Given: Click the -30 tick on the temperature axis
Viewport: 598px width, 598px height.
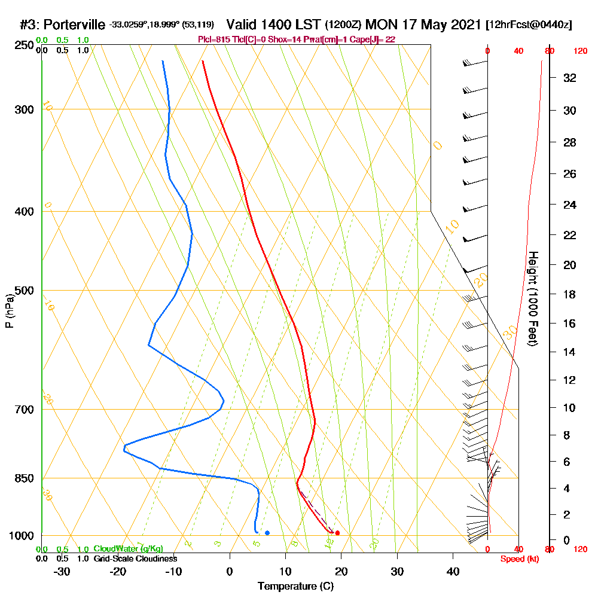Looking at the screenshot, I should pos(62,571).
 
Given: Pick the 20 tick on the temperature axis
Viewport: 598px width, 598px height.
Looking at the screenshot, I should pos(341,571).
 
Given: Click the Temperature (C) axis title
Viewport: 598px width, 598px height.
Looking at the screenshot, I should pos(295,586).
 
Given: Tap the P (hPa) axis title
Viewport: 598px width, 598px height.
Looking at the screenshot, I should pos(10,311).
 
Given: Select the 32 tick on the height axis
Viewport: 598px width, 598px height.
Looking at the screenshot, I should pos(570,78).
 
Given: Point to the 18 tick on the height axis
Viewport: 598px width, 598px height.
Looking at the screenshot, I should pos(570,294).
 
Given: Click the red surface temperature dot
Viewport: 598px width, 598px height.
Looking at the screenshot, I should pos(338,533).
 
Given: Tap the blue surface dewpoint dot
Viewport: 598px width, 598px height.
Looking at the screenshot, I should pos(267,533).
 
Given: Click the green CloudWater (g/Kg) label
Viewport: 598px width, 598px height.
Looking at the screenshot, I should pos(128,549).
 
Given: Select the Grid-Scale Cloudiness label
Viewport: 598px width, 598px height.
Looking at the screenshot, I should pos(135,559).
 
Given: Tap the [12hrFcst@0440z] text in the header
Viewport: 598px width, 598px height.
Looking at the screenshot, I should pos(529,25).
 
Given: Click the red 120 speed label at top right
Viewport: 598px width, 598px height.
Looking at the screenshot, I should pos(580,51).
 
